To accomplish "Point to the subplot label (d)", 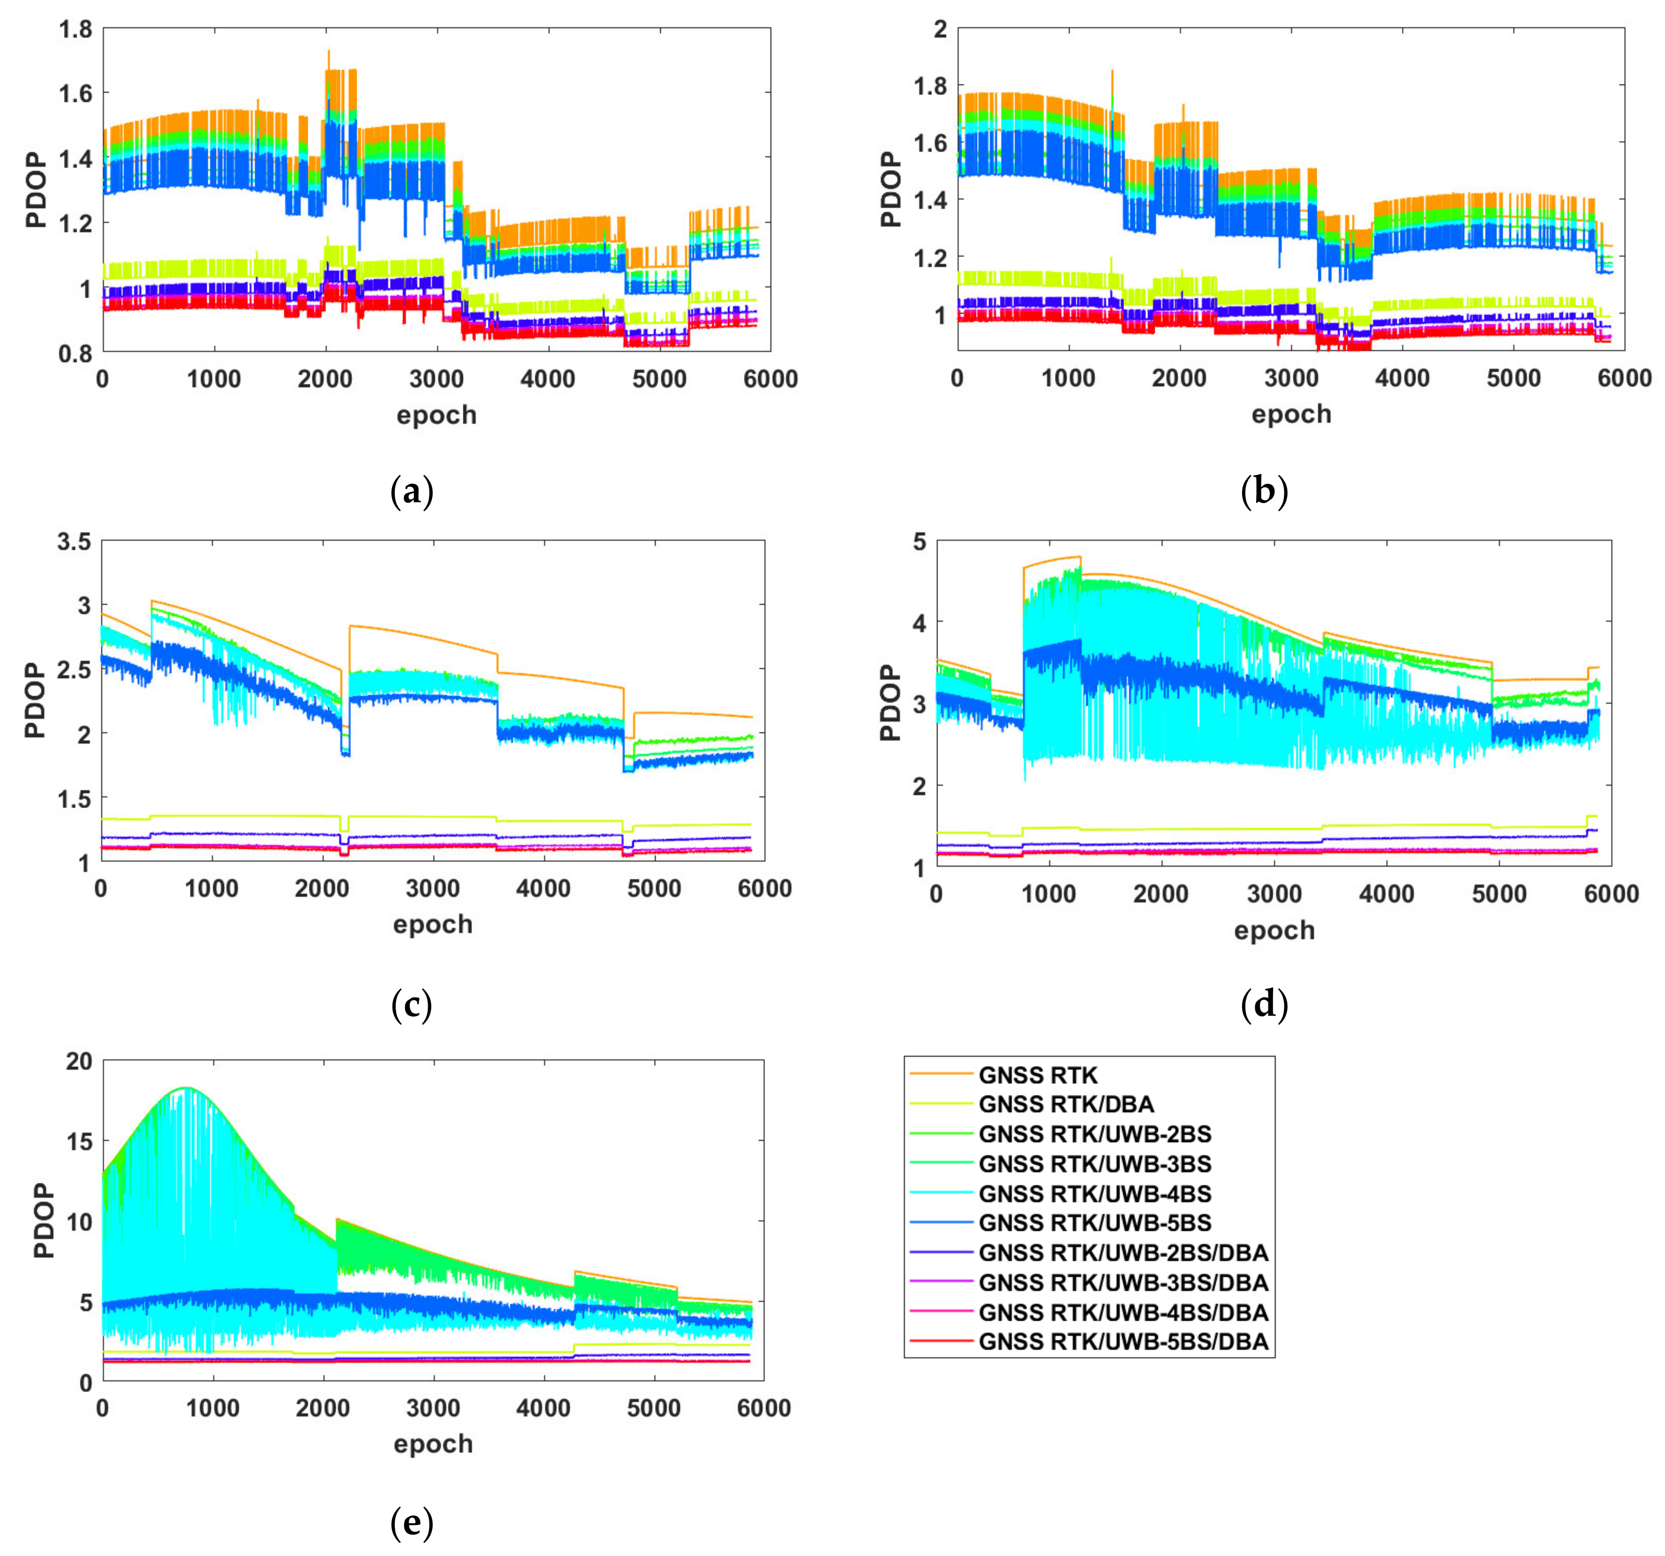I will [1264, 1005].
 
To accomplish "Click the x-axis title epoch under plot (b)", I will [1290, 414].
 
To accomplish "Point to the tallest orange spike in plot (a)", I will [328, 52].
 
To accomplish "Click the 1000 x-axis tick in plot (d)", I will [1048, 895].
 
